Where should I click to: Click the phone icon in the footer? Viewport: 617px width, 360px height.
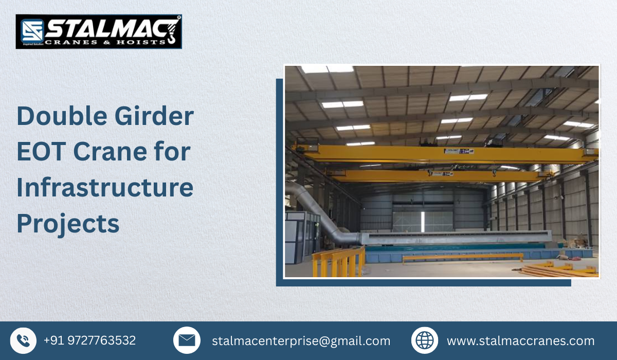23,340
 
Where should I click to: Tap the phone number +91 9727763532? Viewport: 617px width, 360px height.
89,340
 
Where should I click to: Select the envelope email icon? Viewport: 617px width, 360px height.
186,340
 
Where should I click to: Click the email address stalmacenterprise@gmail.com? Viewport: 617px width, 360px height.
301,341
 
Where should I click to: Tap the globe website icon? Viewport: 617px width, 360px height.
425,340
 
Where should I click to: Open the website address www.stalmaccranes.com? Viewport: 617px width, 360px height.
520,341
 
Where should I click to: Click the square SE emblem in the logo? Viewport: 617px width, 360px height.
32,31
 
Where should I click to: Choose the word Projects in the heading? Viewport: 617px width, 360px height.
68,224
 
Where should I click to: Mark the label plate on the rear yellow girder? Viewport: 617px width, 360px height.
437,174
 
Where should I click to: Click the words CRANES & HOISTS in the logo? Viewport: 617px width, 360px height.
105,42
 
